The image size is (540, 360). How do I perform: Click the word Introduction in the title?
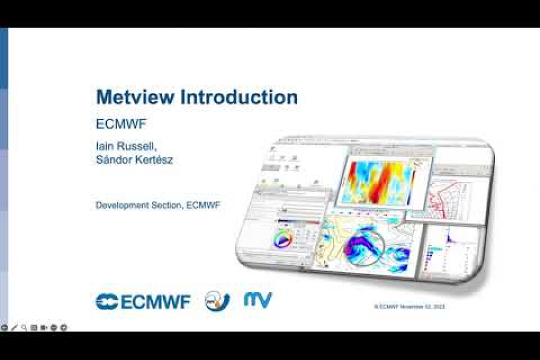(232, 97)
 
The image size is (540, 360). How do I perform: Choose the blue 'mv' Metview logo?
(258, 300)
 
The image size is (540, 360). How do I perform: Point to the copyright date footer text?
(409, 307)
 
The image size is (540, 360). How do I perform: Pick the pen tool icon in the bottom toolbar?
(14, 327)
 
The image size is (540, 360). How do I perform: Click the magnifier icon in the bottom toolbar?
(24, 327)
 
